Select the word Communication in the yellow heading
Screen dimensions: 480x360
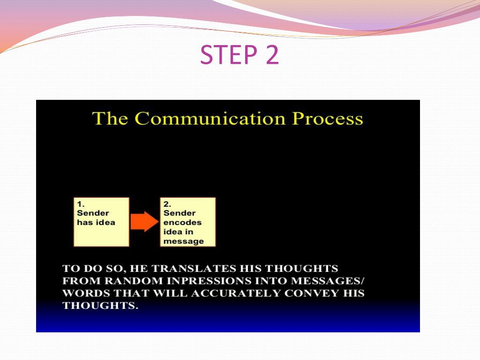click(x=210, y=119)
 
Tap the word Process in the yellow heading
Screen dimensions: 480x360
click(x=327, y=119)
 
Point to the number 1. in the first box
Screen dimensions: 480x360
click(x=81, y=204)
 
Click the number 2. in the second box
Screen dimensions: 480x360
click(x=167, y=204)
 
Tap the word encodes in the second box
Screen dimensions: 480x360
click(x=182, y=223)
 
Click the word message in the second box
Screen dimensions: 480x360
click(x=184, y=241)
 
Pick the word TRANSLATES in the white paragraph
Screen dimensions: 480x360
click(x=194, y=269)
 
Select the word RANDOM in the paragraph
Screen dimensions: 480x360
click(x=134, y=281)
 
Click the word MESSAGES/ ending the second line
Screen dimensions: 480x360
click(x=328, y=281)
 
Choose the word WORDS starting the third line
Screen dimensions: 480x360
click(x=86, y=293)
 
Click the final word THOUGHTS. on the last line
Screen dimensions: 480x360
click(x=100, y=306)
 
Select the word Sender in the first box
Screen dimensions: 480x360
click(x=93, y=213)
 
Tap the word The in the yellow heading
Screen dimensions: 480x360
click(x=110, y=119)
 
